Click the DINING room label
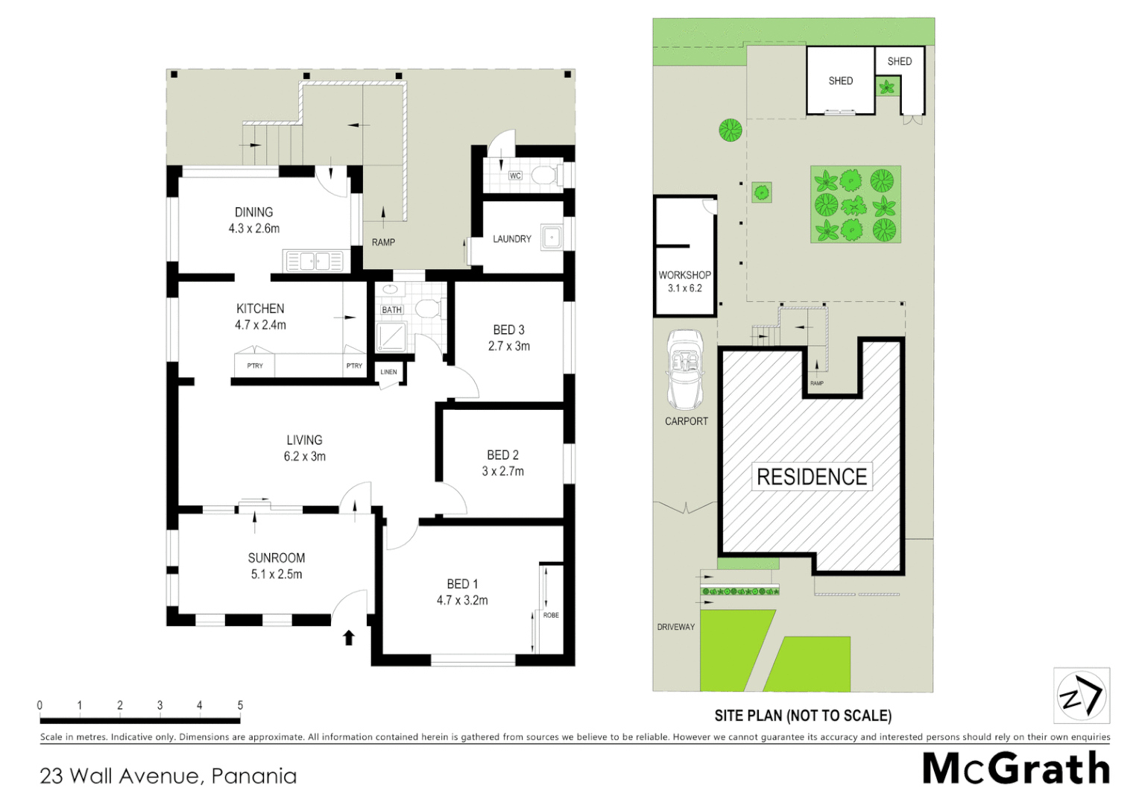(253, 212)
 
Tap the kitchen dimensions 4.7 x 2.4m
(260, 325)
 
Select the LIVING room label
(304, 441)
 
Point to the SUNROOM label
(276, 558)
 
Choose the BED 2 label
(502, 455)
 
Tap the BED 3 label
(508, 330)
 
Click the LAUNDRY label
(511, 239)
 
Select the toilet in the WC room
(544, 175)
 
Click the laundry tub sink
(551, 238)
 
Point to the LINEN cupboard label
(389, 372)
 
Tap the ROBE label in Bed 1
(551, 616)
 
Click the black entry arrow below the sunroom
(348, 637)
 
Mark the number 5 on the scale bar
(240, 705)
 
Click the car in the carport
(685, 369)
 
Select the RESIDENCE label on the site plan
(811, 477)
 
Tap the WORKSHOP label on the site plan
(684, 275)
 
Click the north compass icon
(1081, 696)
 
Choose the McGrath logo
(1015, 768)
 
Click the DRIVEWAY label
(675, 627)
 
